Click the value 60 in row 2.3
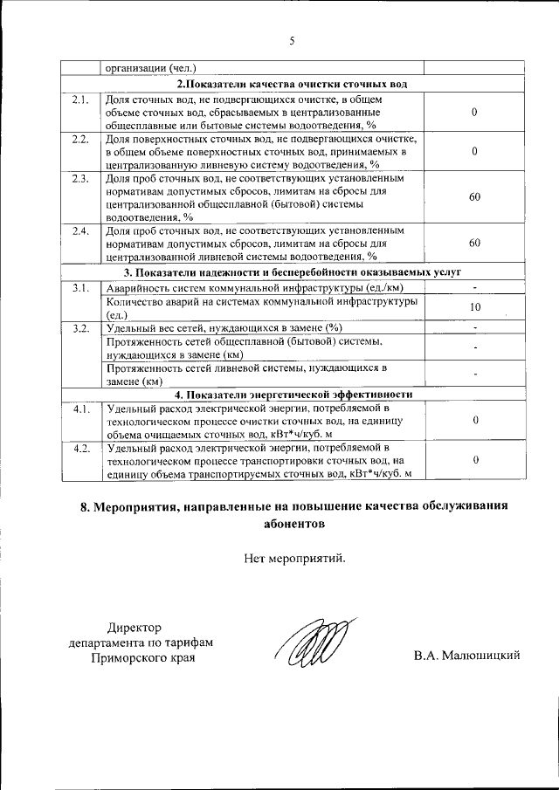(x=474, y=197)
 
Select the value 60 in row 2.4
(x=474, y=243)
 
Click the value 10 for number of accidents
(x=474, y=307)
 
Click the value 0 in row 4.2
(x=474, y=460)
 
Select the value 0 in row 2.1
(x=474, y=113)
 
